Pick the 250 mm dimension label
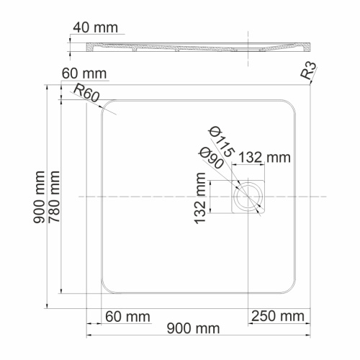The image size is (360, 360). coord(277,316)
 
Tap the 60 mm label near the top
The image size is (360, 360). coord(84,74)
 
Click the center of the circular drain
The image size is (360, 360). coord(249,196)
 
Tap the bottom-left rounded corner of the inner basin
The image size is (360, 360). coord(107,289)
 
